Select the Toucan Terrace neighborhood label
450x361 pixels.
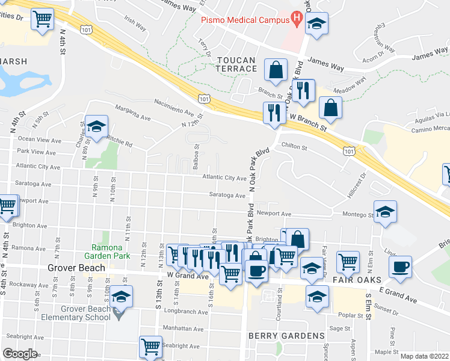[236, 64]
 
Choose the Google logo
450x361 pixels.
[20, 354]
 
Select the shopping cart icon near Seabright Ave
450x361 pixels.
[151, 346]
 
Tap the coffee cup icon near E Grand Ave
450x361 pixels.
[399, 267]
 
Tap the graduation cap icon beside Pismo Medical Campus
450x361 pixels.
[316, 23]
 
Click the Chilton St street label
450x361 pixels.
[294, 147]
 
